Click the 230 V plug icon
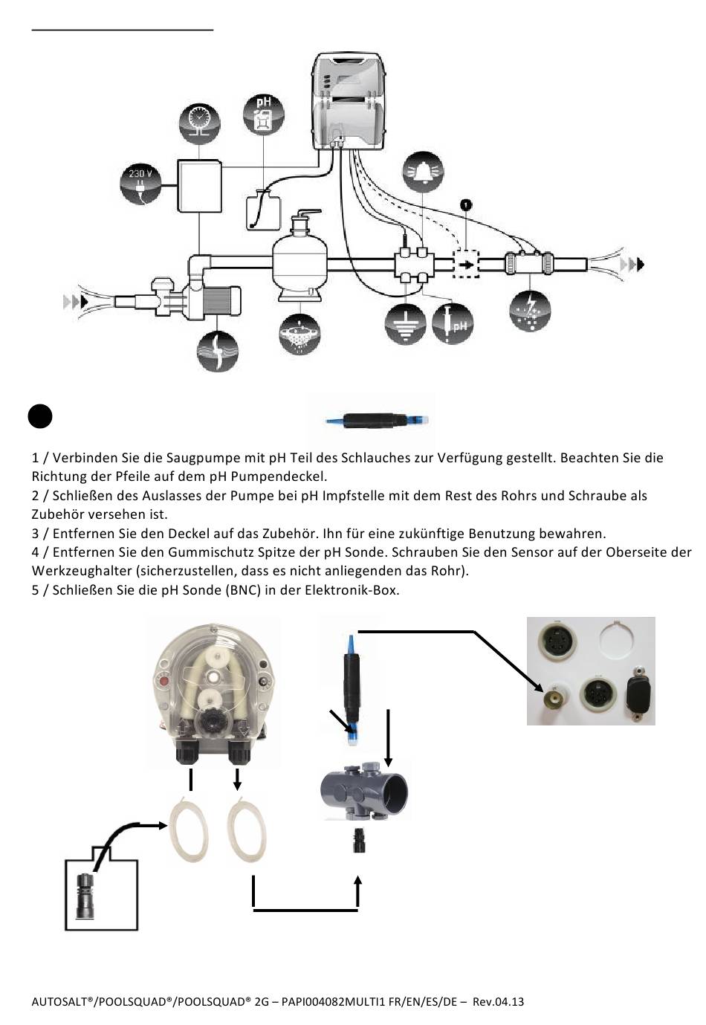click(141, 183)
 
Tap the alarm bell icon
click(422, 172)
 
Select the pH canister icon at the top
click(264, 115)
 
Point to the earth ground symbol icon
click(406, 324)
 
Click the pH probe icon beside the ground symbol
click(453, 324)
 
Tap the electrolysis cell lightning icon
click(531, 310)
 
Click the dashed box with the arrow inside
click(466, 264)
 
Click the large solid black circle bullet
click(40, 416)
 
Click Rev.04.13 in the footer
click(498, 1002)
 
